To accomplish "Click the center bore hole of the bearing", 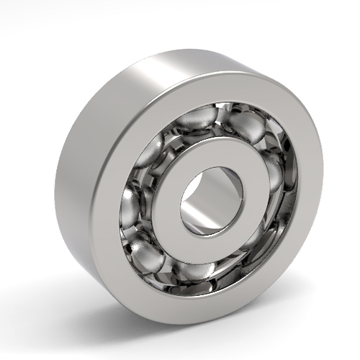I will point(212,200).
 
